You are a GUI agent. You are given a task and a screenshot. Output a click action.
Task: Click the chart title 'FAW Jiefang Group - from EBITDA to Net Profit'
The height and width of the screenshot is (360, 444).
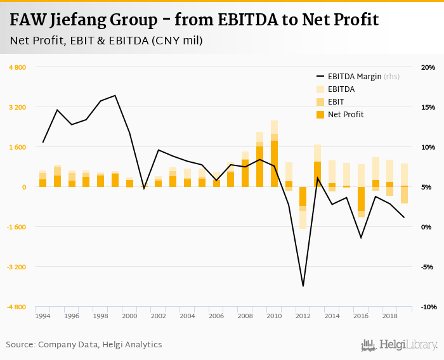[x=194, y=20]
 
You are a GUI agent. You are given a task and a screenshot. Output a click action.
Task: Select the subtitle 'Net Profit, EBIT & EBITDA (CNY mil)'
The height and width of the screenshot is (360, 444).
[x=106, y=41]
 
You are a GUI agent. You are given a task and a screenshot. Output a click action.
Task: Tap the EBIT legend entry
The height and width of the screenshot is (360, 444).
[x=336, y=102]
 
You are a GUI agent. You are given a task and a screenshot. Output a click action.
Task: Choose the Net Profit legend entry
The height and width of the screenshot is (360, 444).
[x=346, y=115]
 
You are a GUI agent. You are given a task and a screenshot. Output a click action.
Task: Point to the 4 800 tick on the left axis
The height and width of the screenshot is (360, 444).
[x=17, y=67]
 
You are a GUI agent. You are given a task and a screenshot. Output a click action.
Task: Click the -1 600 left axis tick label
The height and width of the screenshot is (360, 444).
[x=16, y=227]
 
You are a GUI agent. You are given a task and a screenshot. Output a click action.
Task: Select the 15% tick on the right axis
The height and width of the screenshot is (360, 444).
[x=428, y=107]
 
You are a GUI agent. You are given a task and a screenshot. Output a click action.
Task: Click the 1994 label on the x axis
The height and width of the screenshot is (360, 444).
[x=42, y=316]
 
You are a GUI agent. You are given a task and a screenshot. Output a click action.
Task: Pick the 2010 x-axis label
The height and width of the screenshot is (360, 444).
[x=274, y=316]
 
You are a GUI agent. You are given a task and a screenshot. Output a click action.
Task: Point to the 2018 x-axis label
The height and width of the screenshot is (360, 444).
[x=389, y=316]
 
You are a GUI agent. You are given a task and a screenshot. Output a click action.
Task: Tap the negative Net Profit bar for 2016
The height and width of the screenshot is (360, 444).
[x=361, y=199]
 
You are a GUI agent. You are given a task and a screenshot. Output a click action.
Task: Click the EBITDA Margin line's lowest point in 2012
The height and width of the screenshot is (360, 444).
[x=303, y=286]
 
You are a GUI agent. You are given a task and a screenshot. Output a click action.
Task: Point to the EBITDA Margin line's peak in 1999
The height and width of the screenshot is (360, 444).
[x=115, y=96]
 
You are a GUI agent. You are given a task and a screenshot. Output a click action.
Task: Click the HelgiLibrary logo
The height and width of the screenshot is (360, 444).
[x=400, y=345]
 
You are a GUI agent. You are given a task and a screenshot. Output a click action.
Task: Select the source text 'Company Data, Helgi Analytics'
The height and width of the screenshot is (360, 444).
[x=100, y=345]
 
